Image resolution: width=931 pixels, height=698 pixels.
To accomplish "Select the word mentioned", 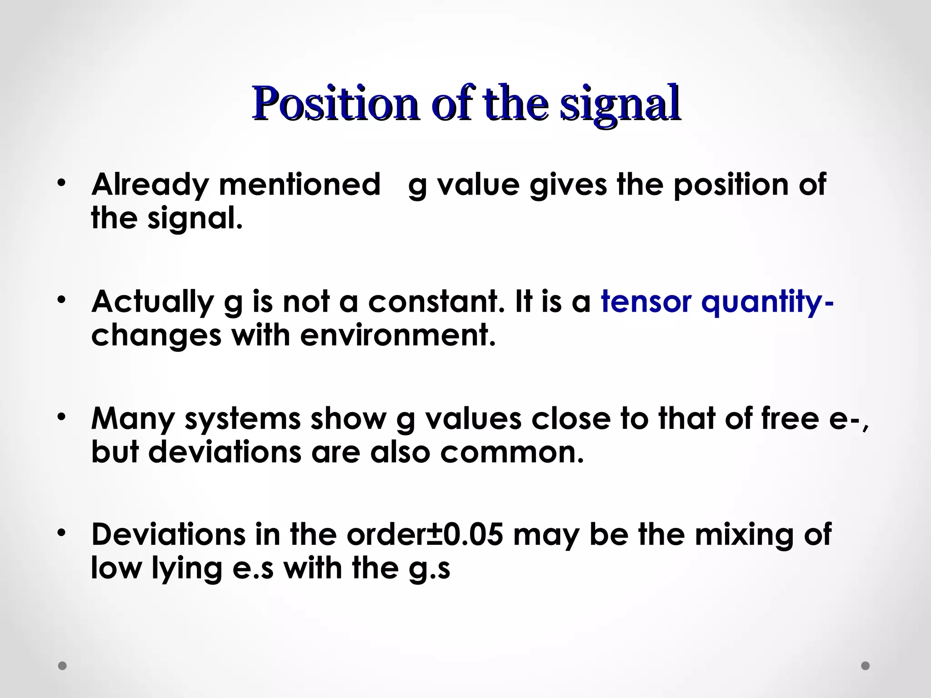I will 300,184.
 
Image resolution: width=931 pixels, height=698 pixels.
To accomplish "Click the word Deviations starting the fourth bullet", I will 168,534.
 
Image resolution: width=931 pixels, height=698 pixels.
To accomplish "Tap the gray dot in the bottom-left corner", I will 62,666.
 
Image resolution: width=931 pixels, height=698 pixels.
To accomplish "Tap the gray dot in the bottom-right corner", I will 866,666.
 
